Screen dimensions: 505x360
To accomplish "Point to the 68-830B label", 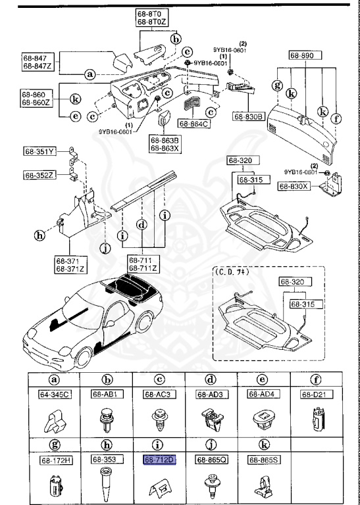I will pos(248,116).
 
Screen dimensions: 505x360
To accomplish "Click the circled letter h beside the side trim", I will pos(40,235).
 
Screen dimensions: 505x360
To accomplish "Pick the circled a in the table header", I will pos(53,379).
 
